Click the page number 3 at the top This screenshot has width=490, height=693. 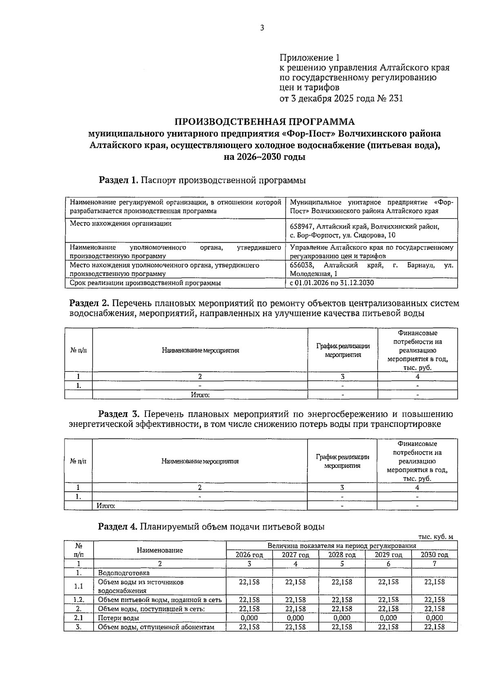262,28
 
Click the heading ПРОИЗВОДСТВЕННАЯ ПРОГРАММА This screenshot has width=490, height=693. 265,122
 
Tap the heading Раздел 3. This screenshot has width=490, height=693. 119,414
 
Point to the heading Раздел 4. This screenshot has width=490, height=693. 118,527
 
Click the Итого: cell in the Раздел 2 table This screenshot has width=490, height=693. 200,395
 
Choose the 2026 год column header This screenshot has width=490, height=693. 249,555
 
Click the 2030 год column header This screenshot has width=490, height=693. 434,555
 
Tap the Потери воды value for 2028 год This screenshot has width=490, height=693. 342,618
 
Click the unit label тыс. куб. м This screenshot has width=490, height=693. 436,537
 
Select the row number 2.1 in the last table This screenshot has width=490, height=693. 79,618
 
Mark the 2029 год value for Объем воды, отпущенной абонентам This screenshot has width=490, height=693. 388,627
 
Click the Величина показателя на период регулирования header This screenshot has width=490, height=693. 342,545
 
